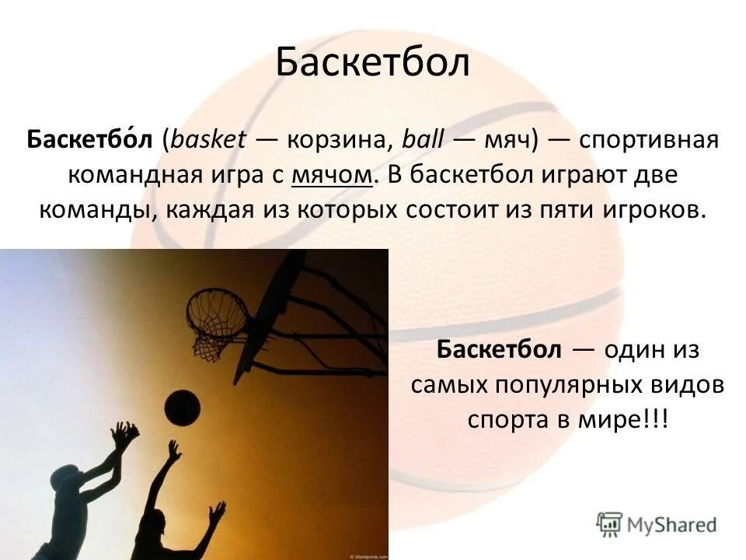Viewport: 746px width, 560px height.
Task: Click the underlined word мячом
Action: point(333,176)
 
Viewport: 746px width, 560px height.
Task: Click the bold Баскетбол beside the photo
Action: point(498,349)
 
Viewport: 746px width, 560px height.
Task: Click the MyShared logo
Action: point(657,523)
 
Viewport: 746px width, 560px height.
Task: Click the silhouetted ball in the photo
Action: point(183,408)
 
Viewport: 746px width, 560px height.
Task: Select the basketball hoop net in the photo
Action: point(218,319)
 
